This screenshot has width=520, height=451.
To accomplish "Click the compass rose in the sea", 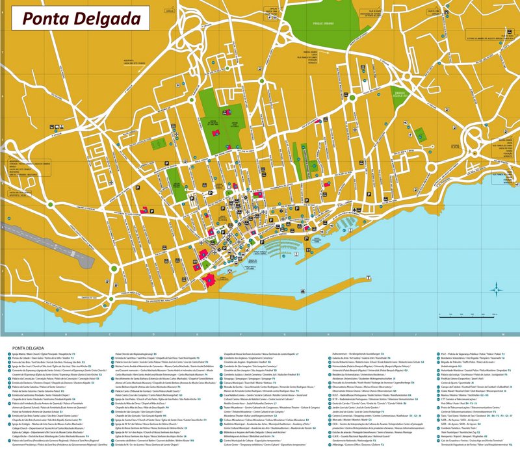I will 497,288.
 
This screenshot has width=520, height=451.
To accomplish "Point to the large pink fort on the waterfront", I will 209,279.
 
